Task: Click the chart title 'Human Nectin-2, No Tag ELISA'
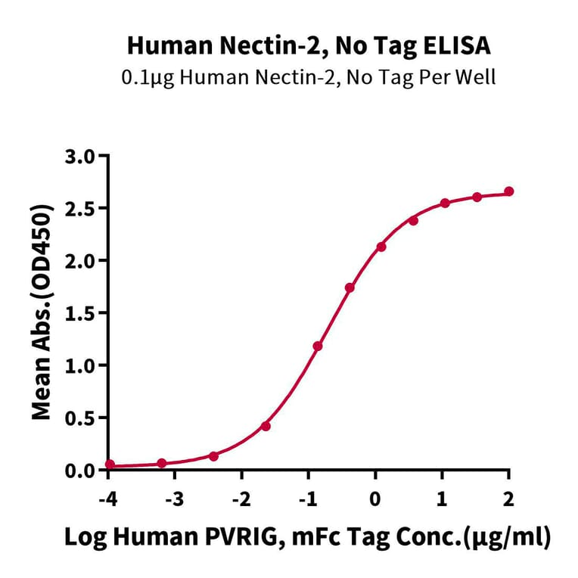pos(309,46)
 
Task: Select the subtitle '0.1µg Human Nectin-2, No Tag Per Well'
pos(309,78)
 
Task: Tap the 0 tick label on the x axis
pos(375,499)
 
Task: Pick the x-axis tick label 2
pos(508,499)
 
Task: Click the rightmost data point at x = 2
pos(508,191)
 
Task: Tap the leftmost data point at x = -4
pos(110,465)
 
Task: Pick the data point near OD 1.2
pos(318,346)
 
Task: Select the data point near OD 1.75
pos(350,287)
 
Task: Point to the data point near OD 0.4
pos(266,426)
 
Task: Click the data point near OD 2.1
pos(381,247)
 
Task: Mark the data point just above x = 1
pos(445,203)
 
